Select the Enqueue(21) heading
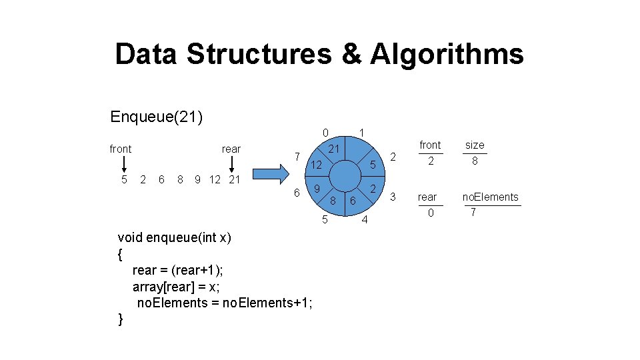coord(157,117)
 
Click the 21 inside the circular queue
coord(336,148)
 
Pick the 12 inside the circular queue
coord(317,164)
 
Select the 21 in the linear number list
coord(233,179)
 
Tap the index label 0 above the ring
coord(324,132)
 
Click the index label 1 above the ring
coord(361,132)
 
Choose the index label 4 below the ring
coord(365,219)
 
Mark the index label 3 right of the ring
coord(393,197)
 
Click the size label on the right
coord(475,145)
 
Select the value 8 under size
coord(475,161)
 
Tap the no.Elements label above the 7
coord(490,197)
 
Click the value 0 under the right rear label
coord(430,213)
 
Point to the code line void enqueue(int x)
coord(174,237)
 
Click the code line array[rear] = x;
coord(176,287)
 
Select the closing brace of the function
coord(120,319)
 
